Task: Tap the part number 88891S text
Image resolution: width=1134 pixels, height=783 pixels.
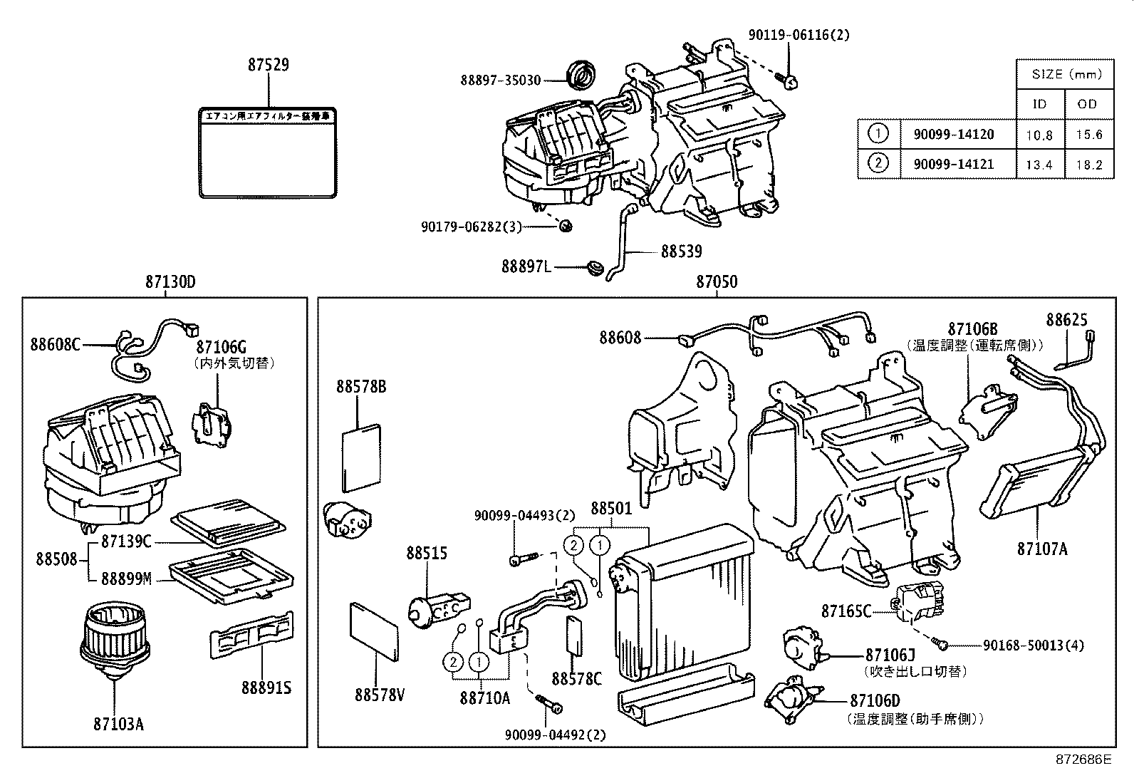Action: pos(266,688)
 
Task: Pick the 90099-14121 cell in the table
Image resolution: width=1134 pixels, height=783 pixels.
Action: pos(954,164)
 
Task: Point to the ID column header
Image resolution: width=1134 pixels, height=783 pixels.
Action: pos(1039,104)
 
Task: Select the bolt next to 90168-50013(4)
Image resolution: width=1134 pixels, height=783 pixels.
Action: pos(943,645)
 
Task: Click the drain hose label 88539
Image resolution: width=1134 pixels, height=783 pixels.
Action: pos(681,252)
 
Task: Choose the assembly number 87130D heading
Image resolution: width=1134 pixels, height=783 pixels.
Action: pos(170,282)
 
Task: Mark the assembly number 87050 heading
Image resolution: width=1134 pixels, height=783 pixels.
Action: pos(717,282)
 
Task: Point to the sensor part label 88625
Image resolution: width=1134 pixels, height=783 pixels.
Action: pos(1066,320)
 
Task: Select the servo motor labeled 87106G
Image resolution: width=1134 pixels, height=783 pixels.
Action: pos(211,426)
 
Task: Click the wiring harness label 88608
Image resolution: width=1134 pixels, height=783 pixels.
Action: pos(620,338)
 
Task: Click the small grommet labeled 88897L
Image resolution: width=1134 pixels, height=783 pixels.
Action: pos(592,269)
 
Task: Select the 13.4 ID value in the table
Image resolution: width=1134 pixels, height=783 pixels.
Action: pos(1039,165)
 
